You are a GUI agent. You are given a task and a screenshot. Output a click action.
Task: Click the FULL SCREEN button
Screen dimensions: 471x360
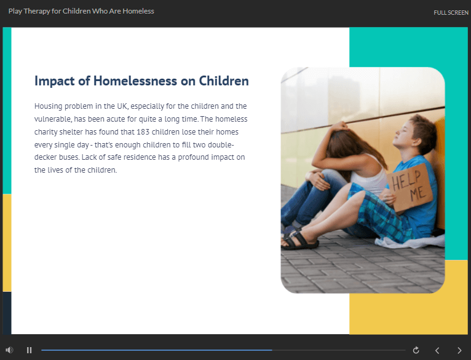pos(451,13)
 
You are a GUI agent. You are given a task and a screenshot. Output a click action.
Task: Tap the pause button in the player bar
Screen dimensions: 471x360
pos(29,350)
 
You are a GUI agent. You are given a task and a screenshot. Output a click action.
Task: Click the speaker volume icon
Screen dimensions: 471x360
pos(9,350)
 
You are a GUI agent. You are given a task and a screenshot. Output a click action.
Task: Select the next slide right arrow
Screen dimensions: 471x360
pos(459,350)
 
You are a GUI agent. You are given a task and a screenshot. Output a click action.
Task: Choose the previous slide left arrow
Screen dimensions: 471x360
pos(437,350)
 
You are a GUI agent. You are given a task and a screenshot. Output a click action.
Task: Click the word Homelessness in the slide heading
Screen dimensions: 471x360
pos(135,80)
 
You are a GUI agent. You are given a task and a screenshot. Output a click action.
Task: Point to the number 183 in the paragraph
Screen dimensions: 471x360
pos(143,132)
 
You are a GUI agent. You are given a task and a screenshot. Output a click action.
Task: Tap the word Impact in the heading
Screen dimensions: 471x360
pos(54,81)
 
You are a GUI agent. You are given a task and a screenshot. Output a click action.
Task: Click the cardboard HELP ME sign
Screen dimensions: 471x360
pos(410,187)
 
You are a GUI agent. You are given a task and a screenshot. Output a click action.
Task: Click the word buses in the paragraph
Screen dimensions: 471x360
pos(69,157)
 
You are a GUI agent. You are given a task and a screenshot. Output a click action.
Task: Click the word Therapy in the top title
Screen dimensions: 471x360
pos(37,12)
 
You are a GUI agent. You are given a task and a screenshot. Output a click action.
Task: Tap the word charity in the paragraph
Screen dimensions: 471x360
pos(46,132)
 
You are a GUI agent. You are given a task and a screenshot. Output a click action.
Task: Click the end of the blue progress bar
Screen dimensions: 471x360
pos(272,350)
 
